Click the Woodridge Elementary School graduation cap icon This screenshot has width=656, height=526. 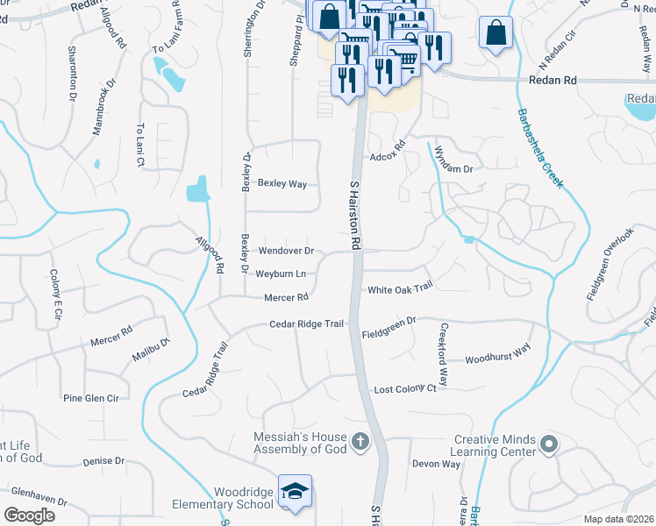coord(296,492)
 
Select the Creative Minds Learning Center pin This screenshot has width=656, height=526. coord(549,445)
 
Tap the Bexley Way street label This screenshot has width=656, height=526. coord(282,184)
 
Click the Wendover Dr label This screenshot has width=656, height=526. coord(286,251)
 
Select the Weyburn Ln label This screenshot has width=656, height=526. coord(281,274)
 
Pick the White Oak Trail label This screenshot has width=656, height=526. coord(400,289)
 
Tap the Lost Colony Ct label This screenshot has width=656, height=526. coord(405,388)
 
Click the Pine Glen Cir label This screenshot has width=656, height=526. coord(90,398)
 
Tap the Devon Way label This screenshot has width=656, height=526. coord(436,464)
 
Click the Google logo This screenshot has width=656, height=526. coord(30,515)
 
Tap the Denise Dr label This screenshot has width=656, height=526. coord(103,461)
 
